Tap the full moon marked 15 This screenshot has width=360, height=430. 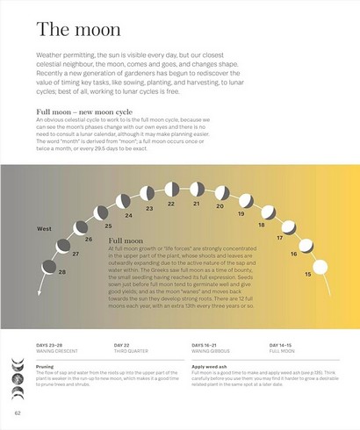click(x=320, y=264)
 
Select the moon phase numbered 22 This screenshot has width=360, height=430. click(x=171, y=192)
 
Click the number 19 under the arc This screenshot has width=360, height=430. click(x=241, y=213)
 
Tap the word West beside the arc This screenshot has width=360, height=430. click(x=44, y=228)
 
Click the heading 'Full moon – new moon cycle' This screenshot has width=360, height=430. click(x=83, y=112)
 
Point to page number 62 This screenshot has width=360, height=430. click(x=18, y=412)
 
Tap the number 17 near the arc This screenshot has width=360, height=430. click(x=279, y=238)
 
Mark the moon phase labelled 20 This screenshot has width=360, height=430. click(x=222, y=194)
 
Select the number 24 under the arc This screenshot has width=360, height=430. click(x=128, y=215)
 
